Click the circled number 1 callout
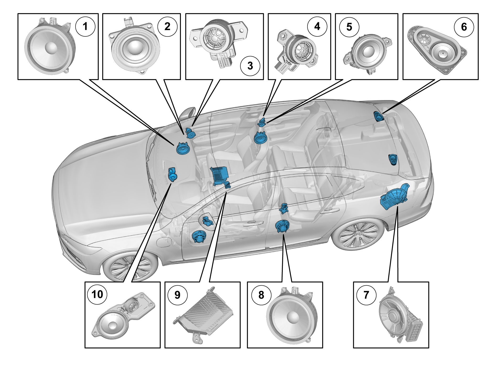85,26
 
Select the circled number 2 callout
167,26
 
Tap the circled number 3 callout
250,66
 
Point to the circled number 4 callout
317,26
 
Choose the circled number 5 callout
349,27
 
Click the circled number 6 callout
464,27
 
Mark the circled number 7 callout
366,295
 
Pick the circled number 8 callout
261,295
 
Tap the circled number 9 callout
177,295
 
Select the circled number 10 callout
97,295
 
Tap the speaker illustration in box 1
50,48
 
